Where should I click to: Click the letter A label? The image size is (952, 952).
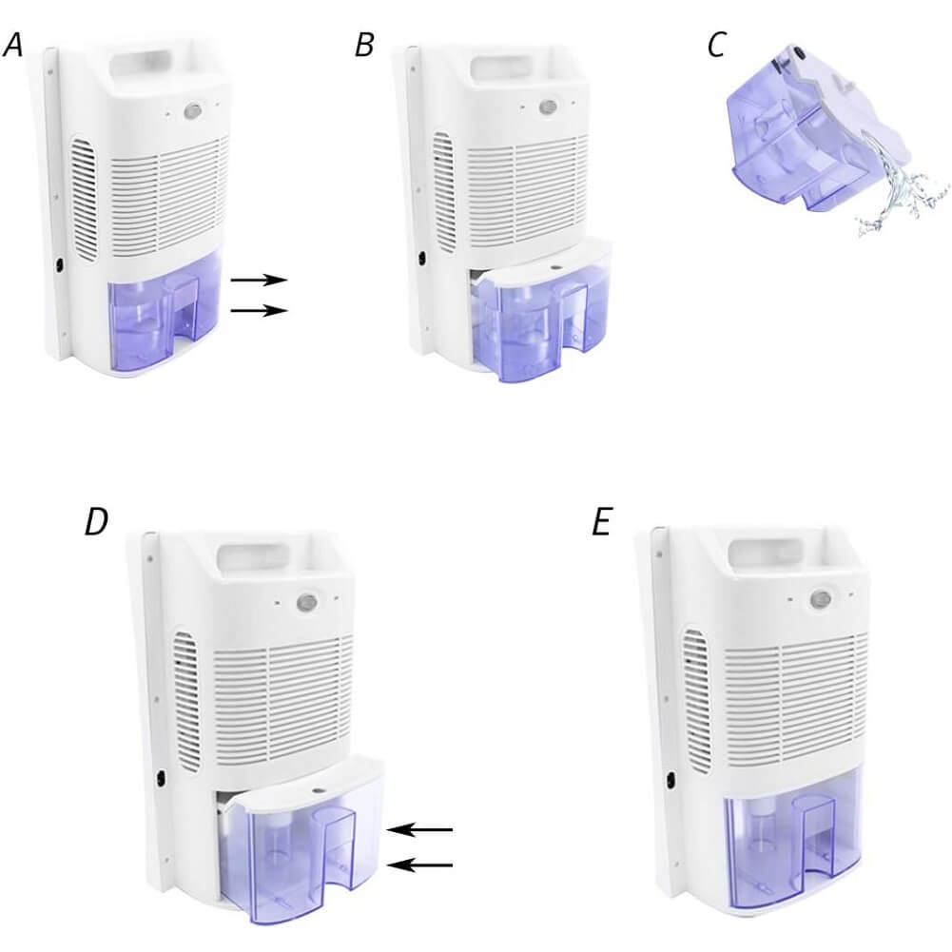12,46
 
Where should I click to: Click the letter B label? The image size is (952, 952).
364,46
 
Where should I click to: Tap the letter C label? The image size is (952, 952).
716,45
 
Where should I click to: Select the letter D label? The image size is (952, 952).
97,521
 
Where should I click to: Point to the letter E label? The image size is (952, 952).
600,522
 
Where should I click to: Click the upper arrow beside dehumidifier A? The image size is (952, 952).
259,280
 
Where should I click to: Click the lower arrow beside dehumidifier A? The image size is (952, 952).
259,310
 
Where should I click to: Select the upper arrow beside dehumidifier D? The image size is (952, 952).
419,829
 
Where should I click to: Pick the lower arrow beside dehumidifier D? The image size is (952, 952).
419,865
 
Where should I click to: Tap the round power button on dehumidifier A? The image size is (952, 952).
192,111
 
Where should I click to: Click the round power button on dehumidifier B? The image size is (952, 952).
548,107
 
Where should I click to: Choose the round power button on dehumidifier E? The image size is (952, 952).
820,598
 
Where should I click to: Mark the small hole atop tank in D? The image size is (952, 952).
318,791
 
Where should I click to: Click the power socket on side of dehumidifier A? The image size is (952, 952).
60,266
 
